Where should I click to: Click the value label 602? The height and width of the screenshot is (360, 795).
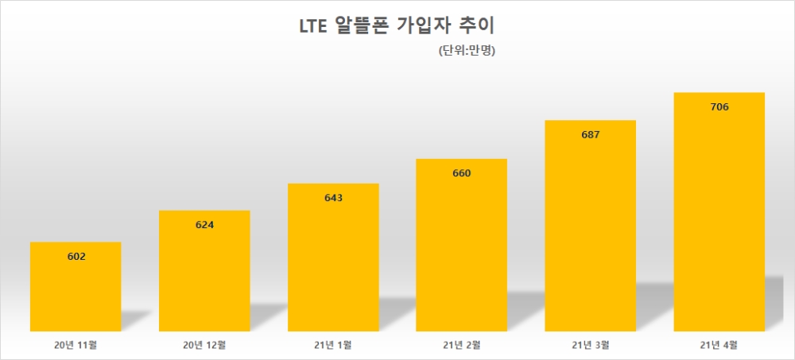[76, 256]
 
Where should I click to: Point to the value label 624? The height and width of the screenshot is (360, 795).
[204, 225]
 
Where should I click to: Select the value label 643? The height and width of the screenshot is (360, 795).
[333, 198]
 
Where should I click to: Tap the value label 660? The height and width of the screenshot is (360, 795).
[462, 173]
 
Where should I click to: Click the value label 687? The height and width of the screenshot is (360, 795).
[591, 135]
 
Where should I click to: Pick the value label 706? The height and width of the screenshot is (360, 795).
[719, 107]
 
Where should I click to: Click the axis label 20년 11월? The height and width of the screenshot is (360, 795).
[76, 345]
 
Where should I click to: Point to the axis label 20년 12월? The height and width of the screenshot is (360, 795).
[204, 345]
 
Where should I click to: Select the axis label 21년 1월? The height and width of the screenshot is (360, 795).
[333, 345]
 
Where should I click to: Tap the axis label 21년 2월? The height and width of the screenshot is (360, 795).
[462, 345]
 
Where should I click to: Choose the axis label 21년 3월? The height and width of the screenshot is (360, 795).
[591, 345]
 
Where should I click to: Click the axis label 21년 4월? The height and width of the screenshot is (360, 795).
[719, 345]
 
